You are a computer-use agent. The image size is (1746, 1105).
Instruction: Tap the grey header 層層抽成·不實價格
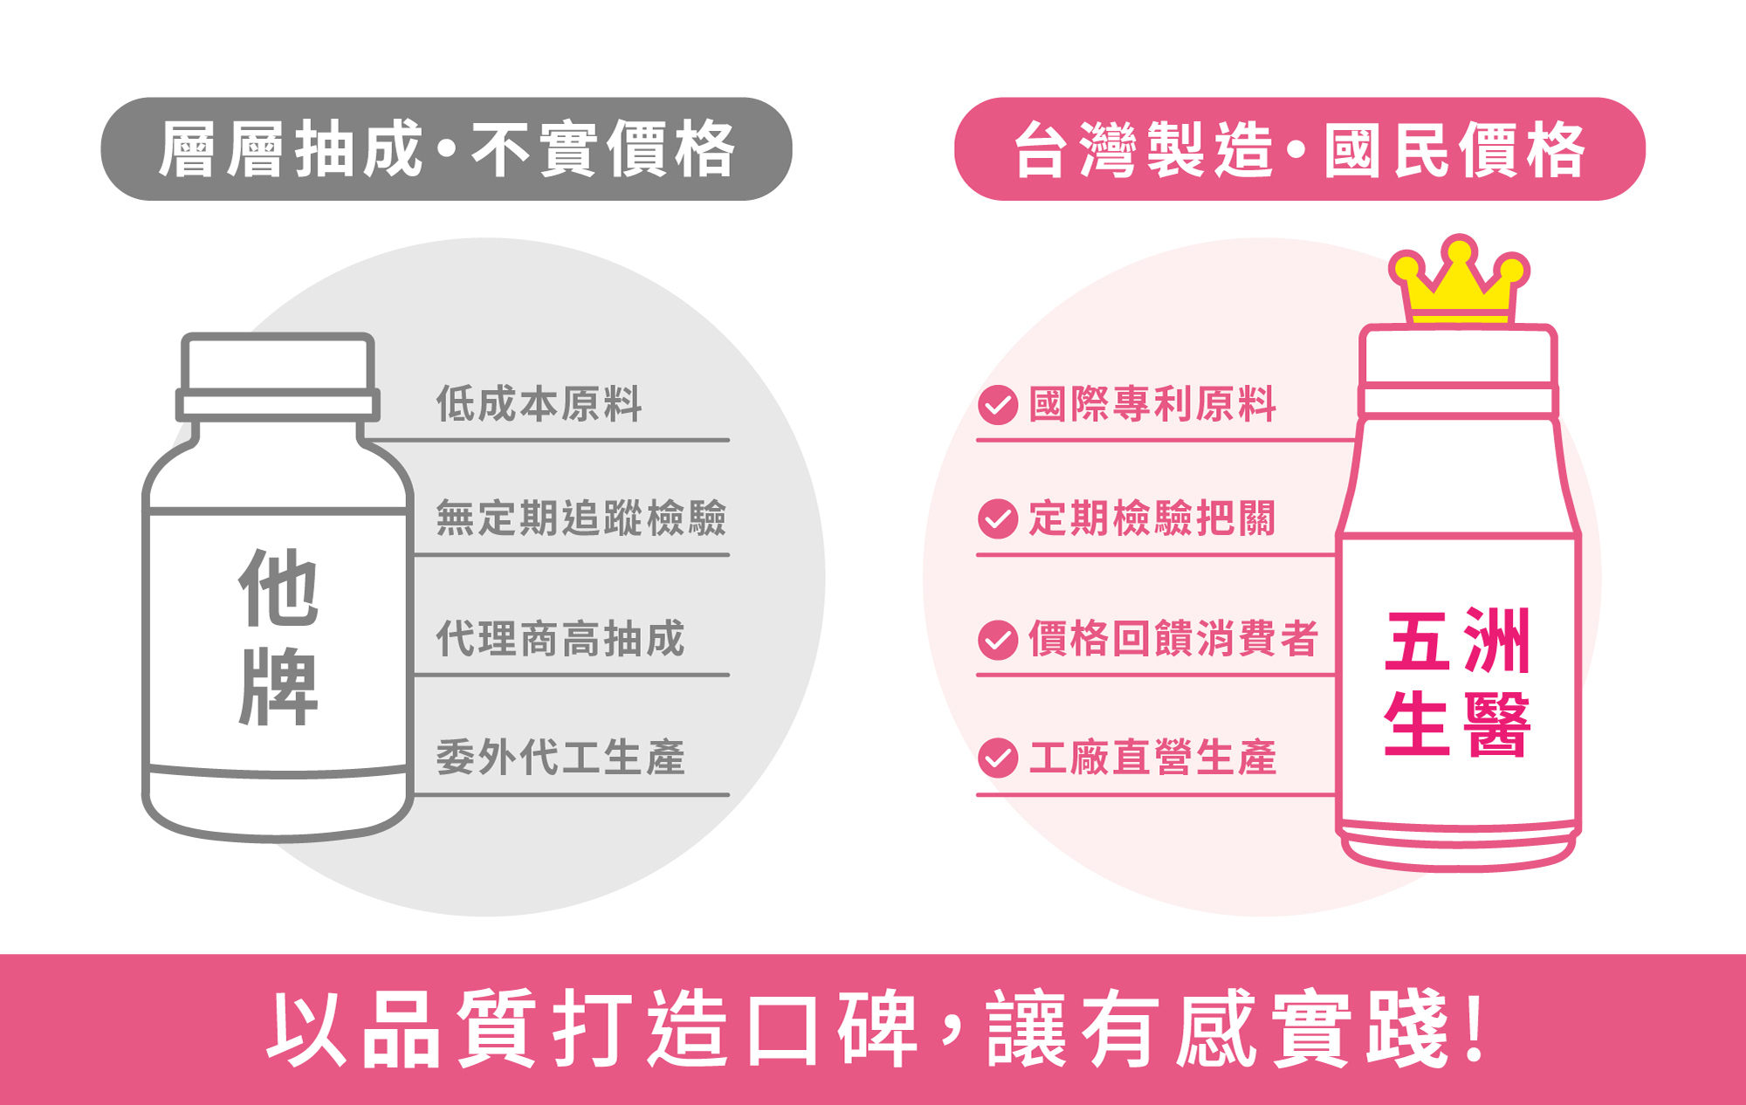pyautogui.click(x=446, y=149)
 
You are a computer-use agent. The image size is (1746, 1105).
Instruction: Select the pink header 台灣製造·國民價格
pyautogui.click(x=1299, y=149)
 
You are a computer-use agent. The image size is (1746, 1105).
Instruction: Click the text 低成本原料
pyautogui.click(x=539, y=404)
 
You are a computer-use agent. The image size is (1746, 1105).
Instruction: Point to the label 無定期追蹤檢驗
pyautogui.click(x=581, y=518)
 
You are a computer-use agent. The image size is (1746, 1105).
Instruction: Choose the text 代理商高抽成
pyautogui.click(x=560, y=638)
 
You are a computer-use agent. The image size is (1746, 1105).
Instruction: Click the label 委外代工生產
pyautogui.click(x=560, y=757)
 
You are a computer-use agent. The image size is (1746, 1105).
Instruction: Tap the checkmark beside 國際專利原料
pyautogui.click(x=998, y=405)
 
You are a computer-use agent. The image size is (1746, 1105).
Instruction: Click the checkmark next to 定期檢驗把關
pyautogui.click(x=998, y=518)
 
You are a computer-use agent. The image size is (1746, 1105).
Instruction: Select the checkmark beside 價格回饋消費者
pyautogui.click(x=998, y=639)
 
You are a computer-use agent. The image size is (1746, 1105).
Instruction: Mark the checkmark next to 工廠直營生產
pyautogui.click(x=998, y=758)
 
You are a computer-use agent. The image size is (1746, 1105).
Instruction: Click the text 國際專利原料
pyautogui.click(x=1152, y=404)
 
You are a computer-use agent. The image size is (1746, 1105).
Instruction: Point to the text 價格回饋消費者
pyautogui.click(x=1172, y=638)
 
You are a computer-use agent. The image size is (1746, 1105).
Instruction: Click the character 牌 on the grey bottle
pyautogui.click(x=278, y=687)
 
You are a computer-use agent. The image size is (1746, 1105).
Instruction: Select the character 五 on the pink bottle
pyautogui.click(x=1416, y=642)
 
